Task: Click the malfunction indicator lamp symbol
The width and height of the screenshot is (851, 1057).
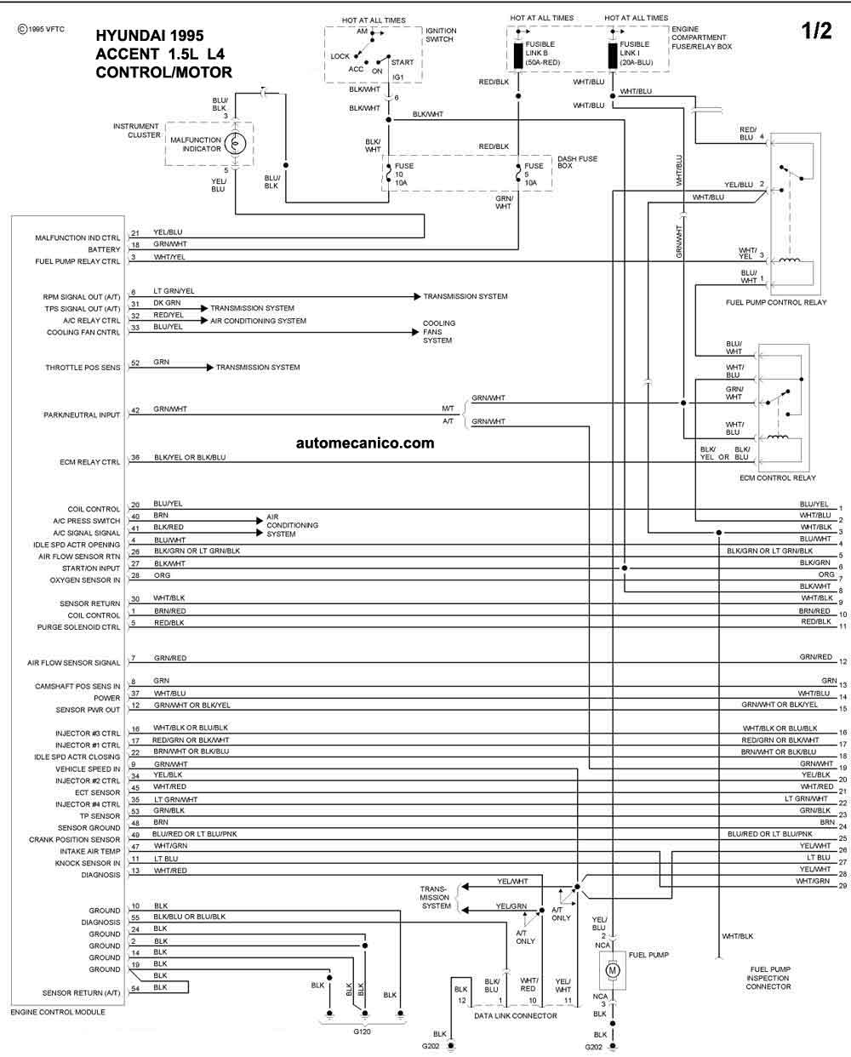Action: (235, 144)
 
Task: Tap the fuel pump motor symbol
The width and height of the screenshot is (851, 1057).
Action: (612, 970)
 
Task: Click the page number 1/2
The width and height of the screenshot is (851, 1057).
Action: (816, 31)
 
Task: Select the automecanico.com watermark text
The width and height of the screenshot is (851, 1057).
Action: (365, 443)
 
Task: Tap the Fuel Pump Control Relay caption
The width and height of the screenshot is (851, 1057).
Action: (776, 303)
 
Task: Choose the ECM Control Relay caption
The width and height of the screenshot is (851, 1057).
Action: (777, 478)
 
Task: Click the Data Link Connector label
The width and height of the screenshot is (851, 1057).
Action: (516, 1016)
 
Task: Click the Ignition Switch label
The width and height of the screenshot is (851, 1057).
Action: (441, 35)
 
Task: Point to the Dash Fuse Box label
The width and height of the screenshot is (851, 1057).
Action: (577, 162)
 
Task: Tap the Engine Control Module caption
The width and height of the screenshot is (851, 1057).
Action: (58, 1012)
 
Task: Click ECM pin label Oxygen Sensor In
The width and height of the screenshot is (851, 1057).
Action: (84, 580)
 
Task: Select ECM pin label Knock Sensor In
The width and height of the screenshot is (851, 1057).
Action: (88, 863)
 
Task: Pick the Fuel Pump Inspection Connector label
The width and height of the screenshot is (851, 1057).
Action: (768, 978)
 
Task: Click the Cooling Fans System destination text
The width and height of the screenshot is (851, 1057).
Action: (439, 332)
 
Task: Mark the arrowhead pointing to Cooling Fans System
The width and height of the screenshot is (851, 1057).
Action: (415, 332)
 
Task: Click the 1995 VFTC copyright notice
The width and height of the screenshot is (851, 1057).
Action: (41, 30)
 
